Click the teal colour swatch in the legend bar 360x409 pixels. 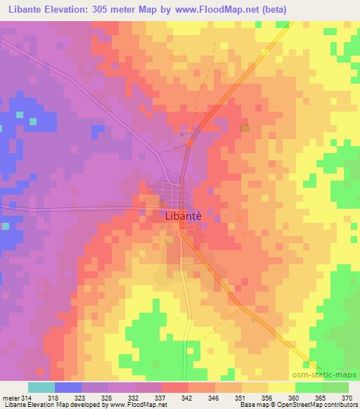41,387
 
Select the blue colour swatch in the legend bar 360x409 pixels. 68,387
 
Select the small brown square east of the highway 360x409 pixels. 245,128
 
